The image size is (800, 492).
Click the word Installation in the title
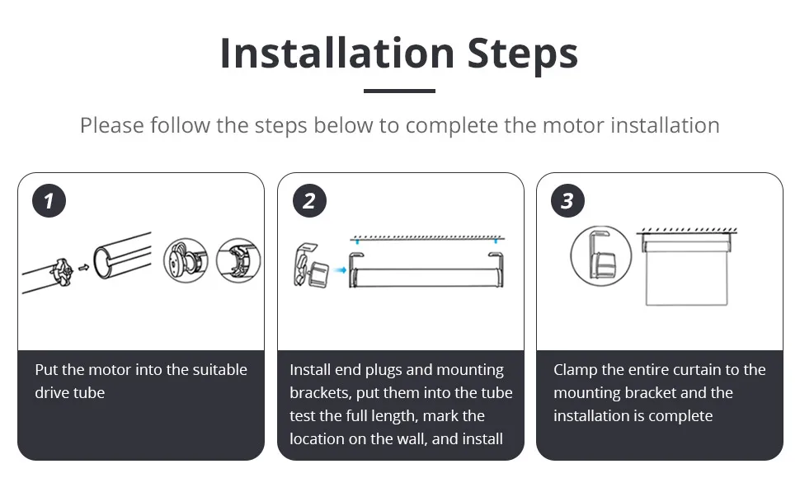coord(336,53)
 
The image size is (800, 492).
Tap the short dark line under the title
coord(399,91)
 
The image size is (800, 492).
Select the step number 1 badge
coord(49,201)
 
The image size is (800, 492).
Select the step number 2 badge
coord(309,201)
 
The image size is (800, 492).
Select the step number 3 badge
coord(568,201)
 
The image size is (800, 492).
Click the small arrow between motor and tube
coord(83,267)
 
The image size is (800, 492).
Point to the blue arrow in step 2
coord(340,269)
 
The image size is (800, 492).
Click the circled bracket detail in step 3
coord(601,255)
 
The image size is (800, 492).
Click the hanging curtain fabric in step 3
coord(686,279)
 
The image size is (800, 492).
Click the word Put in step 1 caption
coord(46,370)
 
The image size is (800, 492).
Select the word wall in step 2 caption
coord(412,438)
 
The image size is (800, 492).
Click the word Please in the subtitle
coord(111,125)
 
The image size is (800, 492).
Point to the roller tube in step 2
coord(426,278)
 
